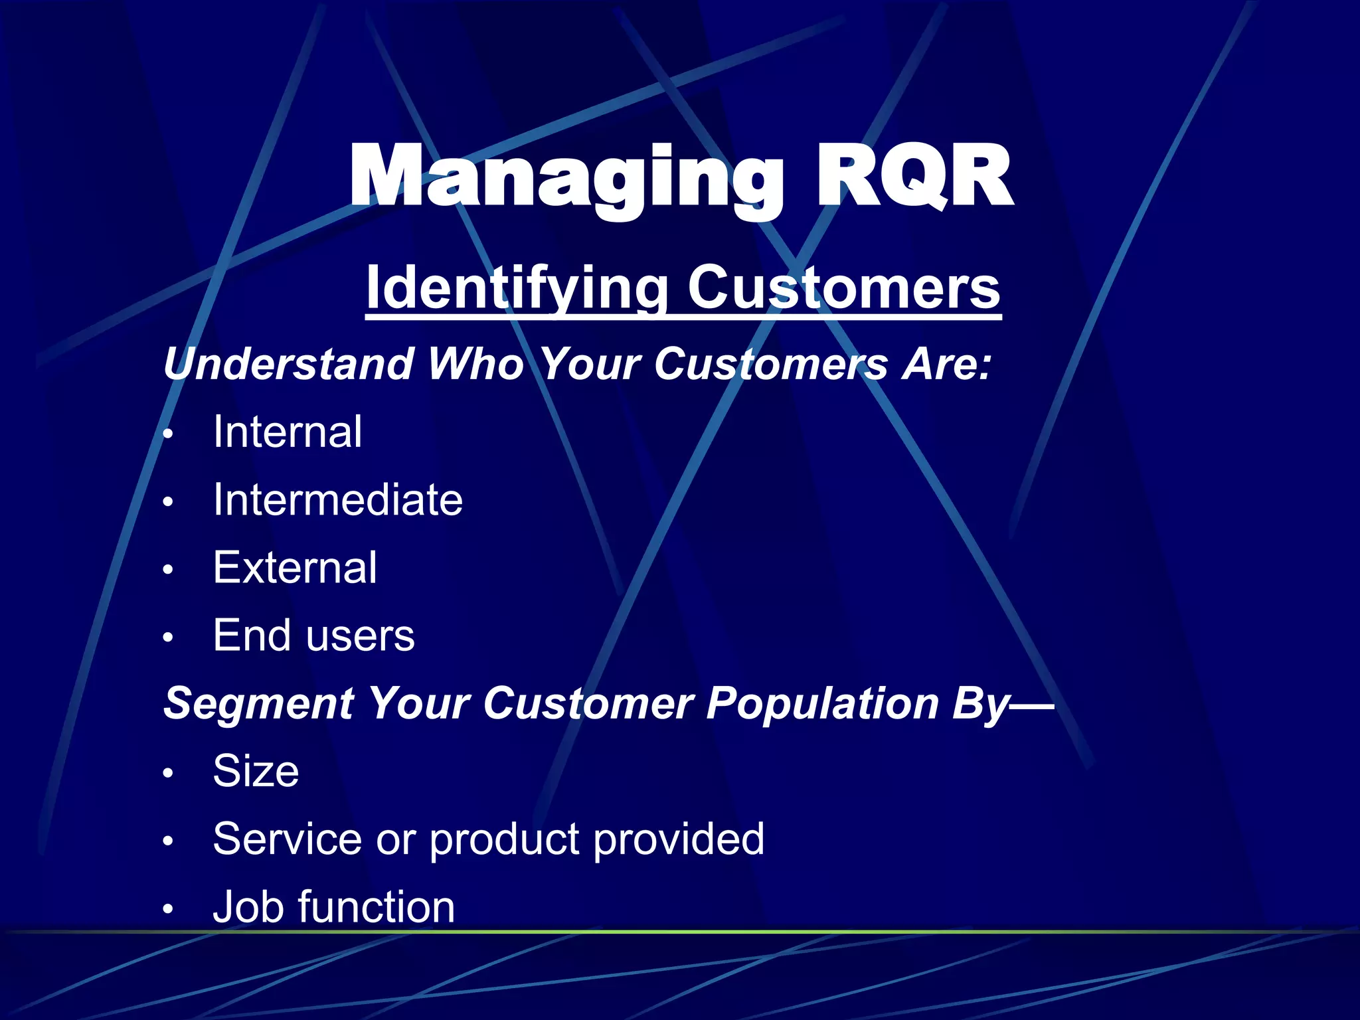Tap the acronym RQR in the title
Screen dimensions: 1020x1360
pos(914,177)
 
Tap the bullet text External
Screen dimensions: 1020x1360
pos(295,568)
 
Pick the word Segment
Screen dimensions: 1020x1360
pos(258,703)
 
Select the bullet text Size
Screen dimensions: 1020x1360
pos(256,771)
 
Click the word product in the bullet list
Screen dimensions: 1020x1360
pos(505,839)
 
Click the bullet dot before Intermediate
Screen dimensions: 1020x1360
pos(169,502)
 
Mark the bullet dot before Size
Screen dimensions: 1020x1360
pos(169,773)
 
